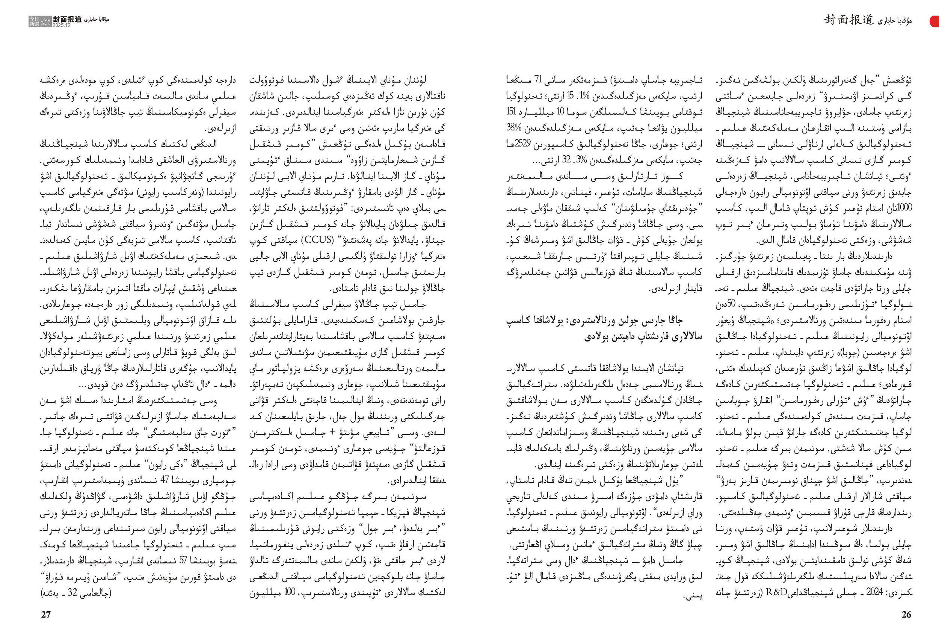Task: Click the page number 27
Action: tap(46, 615)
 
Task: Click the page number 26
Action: tap(906, 615)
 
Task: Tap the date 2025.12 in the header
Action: tap(62, 25)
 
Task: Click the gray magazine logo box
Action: tap(39, 21)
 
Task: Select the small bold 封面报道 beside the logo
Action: tap(67, 19)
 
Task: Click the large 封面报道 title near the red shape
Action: tap(849, 20)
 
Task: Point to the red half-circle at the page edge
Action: tap(934, 21)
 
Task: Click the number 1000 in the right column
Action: tap(904, 208)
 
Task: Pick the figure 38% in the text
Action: tap(514, 128)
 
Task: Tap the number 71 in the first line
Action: tap(538, 80)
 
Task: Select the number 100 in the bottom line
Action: tap(290, 592)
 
